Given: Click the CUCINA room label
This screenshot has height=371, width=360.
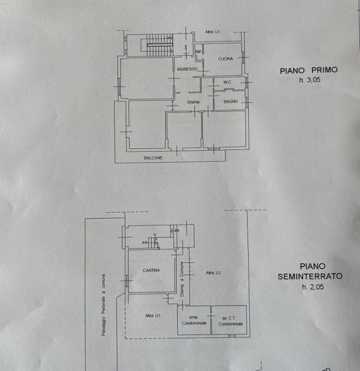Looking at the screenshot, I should click(x=225, y=59).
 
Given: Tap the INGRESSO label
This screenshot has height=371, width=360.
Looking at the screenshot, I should click(x=188, y=69).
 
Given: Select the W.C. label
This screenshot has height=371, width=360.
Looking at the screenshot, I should click(x=227, y=83).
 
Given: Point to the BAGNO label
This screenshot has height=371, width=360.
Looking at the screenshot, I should click(x=230, y=101).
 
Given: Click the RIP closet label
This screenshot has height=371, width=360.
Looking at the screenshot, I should click(x=198, y=51).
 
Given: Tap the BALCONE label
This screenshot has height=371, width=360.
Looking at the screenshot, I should click(x=153, y=158).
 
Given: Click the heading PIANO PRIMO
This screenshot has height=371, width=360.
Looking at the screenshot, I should click(x=308, y=70).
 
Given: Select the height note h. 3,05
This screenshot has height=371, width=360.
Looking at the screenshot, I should click(x=310, y=80).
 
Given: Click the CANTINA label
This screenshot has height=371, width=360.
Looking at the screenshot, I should click(x=151, y=270).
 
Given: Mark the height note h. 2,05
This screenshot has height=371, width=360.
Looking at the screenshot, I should click(x=312, y=286).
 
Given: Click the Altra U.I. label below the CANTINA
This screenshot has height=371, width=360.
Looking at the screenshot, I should click(x=150, y=315).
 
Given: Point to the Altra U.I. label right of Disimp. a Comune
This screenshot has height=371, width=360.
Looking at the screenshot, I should click(x=213, y=272).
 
